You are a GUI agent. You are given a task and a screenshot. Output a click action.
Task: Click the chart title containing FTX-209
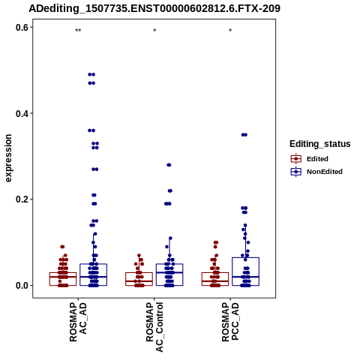click(x=154, y=8)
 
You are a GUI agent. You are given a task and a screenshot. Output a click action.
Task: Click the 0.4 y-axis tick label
click(x=22, y=113)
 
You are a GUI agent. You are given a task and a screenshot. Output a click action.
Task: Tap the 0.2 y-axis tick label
click(x=22, y=199)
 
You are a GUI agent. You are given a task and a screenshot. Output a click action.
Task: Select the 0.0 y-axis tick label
click(x=22, y=286)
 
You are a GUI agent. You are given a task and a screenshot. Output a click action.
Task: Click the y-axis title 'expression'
click(x=8, y=158)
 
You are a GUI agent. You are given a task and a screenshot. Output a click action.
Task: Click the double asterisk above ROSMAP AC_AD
click(x=78, y=31)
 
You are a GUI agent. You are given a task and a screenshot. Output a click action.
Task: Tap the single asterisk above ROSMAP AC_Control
click(x=154, y=31)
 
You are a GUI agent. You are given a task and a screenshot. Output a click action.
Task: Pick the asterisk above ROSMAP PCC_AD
click(x=230, y=31)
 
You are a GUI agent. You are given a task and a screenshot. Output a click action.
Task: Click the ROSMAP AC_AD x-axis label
click(x=78, y=322)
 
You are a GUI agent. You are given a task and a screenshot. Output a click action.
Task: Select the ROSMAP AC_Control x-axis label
click(x=154, y=327)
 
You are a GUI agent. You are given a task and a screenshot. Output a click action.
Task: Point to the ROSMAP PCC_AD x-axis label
click(x=230, y=322)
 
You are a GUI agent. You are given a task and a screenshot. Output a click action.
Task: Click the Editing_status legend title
click(x=320, y=144)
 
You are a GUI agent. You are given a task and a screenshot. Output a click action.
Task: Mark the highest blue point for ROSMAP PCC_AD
click(x=244, y=135)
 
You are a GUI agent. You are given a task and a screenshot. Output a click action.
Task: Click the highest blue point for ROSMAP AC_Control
click(x=169, y=165)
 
